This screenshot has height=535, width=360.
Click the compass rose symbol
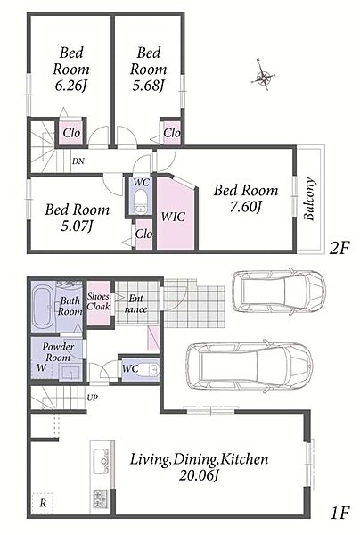pos(263,76)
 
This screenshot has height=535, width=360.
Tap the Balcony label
pos(309,199)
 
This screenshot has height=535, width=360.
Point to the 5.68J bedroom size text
pos(148,86)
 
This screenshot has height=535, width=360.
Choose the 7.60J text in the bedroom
pos(245,207)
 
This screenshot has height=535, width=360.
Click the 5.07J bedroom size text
pos(77,226)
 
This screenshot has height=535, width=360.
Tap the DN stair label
pos(78,161)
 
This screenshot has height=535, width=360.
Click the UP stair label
pos(93,398)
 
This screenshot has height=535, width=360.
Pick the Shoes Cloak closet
pos(99,302)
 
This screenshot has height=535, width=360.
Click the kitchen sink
pos(101,461)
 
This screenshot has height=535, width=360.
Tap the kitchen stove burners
pos(100,498)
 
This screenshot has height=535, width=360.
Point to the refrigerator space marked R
pos(43,503)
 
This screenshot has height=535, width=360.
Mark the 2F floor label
pos(340,248)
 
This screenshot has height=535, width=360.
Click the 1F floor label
pos(340,513)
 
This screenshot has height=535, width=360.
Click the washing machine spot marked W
pos(41,368)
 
